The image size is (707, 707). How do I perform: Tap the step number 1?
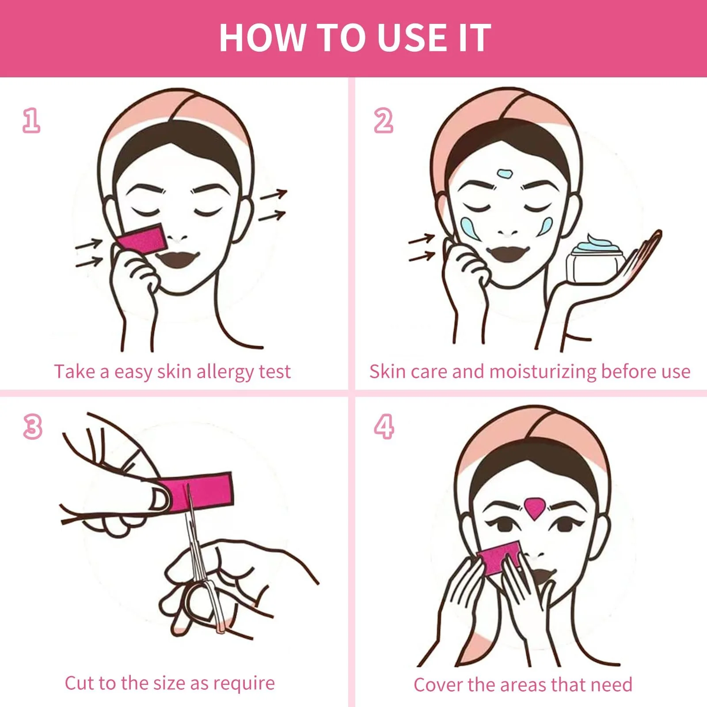point(31,121)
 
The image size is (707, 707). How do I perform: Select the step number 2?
point(383,121)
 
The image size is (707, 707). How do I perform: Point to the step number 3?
point(32,427)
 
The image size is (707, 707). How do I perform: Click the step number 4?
point(384,427)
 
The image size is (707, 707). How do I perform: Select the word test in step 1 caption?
point(275,372)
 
